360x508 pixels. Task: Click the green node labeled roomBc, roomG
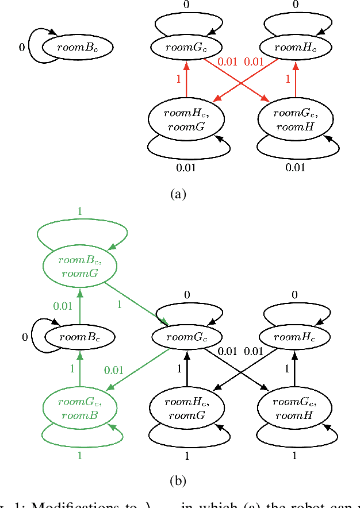79,265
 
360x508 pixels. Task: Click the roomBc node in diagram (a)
77,47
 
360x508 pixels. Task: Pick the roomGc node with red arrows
186,47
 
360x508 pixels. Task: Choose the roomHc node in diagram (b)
296,337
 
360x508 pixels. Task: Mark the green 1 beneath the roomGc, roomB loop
79,455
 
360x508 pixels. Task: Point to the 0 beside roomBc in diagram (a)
22,48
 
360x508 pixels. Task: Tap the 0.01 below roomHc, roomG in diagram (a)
186,167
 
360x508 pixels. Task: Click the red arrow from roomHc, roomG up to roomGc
186,80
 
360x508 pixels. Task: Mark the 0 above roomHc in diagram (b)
296,295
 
